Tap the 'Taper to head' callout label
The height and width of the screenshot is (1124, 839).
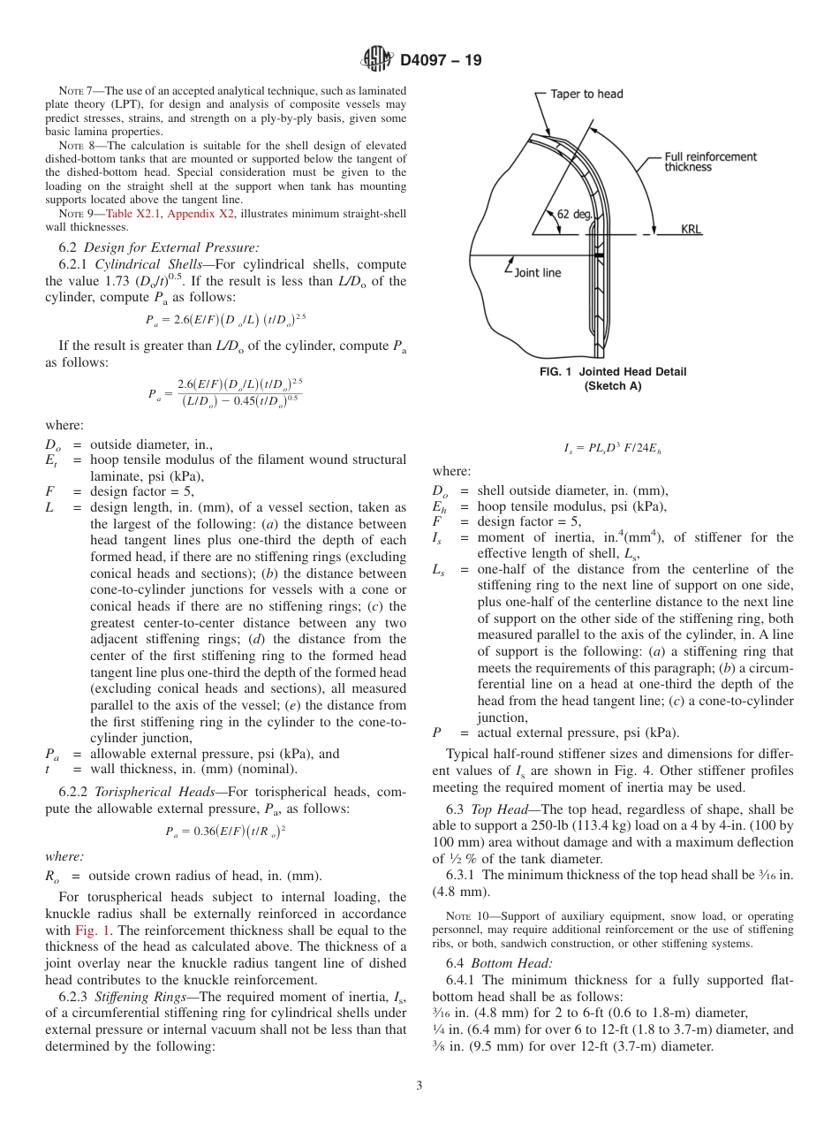pos(586,94)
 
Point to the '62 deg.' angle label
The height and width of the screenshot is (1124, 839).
pos(575,214)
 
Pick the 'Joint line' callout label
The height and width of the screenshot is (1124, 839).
pos(537,272)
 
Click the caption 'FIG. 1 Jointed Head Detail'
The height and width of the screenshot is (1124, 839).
pos(612,372)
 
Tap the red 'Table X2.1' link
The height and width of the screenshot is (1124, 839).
pos(132,214)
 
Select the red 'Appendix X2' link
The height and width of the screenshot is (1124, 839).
pos(197,214)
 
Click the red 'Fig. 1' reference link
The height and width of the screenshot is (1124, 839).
pos(87,931)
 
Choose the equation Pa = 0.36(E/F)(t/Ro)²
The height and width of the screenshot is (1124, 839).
pos(225,831)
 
